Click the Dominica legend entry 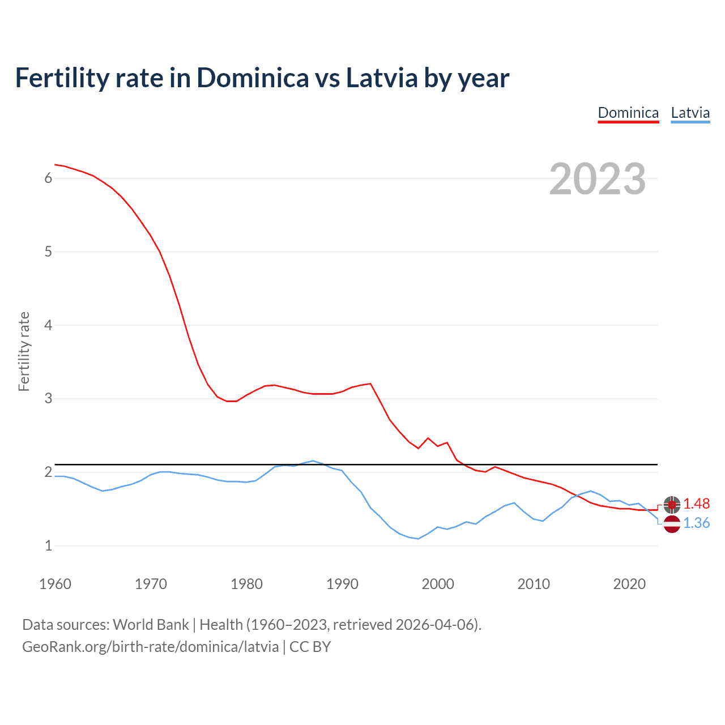[628, 113]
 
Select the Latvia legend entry [690, 113]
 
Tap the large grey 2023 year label [598, 179]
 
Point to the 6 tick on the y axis [48, 178]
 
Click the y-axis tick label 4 [48, 325]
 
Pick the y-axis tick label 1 [48, 545]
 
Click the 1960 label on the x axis [55, 584]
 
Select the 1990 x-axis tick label [342, 584]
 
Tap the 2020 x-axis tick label [629, 584]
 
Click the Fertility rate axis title [24, 351]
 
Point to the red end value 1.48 [696, 504]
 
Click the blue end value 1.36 [696, 523]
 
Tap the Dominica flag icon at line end [672, 504]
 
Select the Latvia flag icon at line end [672, 524]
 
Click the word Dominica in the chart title [253, 78]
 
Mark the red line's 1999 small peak [428, 438]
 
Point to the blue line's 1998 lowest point [419, 539]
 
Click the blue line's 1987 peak [313, 460]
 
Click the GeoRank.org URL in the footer [150, 647]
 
